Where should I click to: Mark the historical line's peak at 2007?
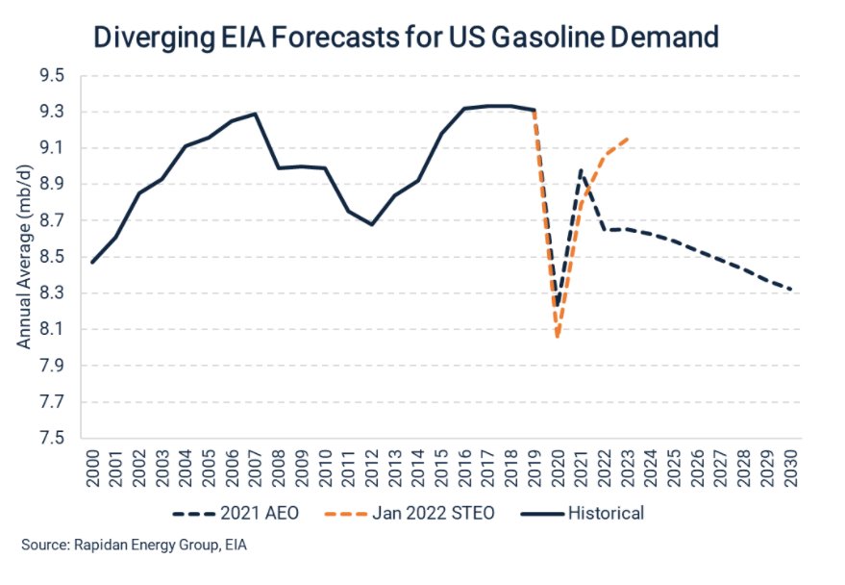coord(256,114)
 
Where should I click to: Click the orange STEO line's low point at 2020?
coord(558,336)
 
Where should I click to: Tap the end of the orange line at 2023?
coord(628,139)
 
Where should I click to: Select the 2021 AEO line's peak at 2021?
coord(581,170)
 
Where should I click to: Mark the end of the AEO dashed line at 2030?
coord(791,290)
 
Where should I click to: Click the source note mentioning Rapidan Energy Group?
coord(135,546)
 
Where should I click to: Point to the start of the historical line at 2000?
coord(92,262)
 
